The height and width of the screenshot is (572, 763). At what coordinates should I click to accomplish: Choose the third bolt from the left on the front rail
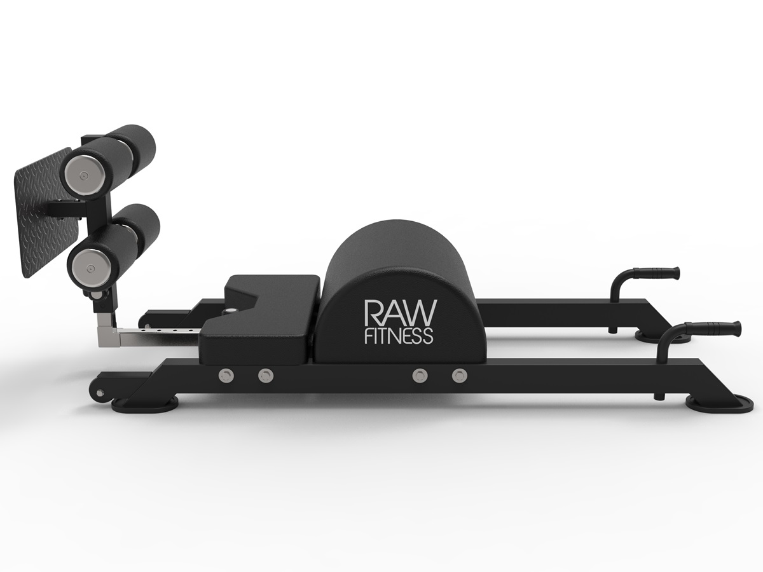point(418,376)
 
